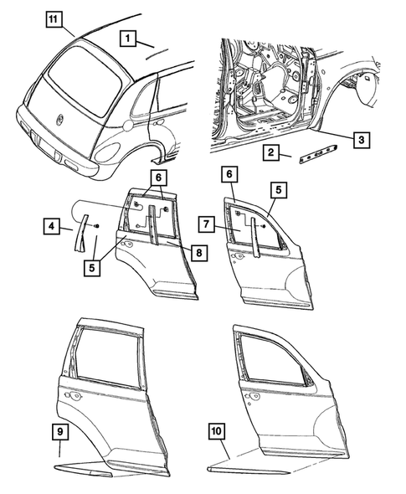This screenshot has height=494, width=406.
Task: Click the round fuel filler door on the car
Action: [126, 126]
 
